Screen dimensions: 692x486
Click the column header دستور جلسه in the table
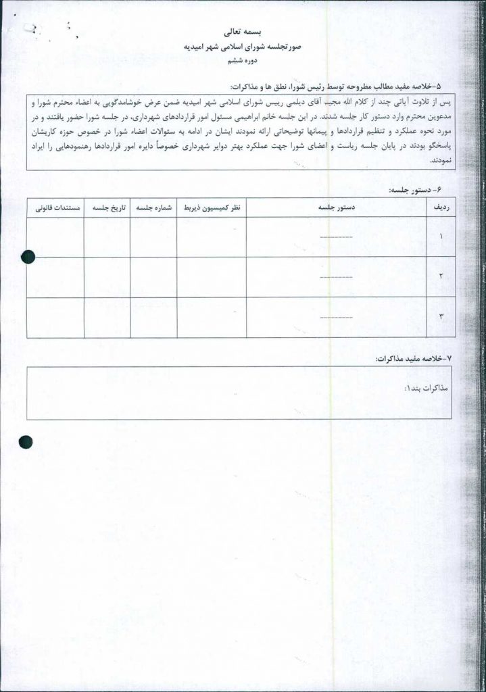coord(336,208)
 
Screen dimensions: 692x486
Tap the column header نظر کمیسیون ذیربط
coord(212,208)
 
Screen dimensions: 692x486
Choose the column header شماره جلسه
coord(153,208)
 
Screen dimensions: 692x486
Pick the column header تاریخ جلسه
coord(107,208)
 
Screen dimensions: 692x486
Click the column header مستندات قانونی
coord(56,208)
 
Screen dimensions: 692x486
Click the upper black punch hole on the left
coord(28,256)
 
